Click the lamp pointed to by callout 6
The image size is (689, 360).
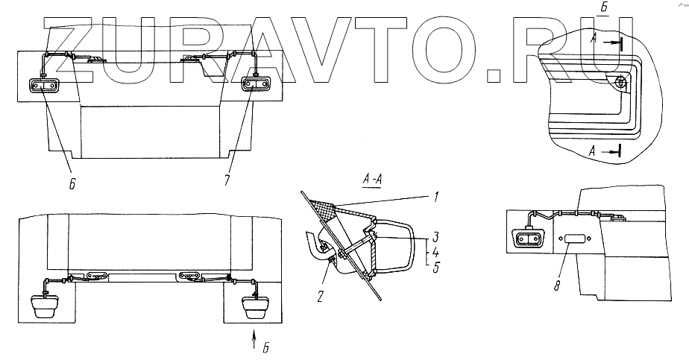coord(44,86)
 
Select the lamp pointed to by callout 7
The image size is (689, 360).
coord(256,86)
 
